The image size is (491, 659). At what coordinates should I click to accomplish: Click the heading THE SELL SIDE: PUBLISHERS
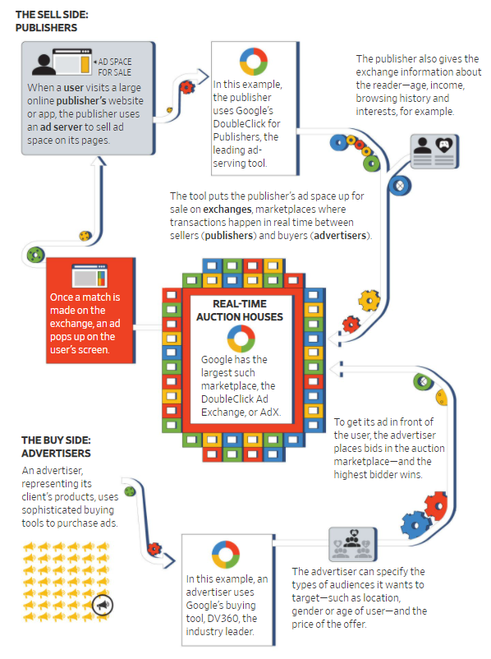coord(52,21)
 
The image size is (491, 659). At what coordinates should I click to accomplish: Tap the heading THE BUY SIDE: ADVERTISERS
coord(57,447)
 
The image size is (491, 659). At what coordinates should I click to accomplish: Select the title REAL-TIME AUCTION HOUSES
coord(240,310)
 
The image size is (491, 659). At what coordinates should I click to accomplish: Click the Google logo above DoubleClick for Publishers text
coord(254,62)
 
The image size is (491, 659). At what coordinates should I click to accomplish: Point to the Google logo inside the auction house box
coord(241,339)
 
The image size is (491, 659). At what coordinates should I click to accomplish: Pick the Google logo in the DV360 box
coord(226,555)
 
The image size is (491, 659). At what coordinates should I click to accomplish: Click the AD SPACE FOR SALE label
coord(114,67)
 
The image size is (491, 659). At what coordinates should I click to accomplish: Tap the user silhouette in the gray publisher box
coord(44,64)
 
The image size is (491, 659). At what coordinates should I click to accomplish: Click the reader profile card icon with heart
coord(434,151)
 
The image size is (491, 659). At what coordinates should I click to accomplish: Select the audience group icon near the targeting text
coord(352,544)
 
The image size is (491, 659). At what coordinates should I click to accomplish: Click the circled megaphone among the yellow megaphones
coord(103,606)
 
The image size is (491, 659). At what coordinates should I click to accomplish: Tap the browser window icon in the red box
coord(89,276)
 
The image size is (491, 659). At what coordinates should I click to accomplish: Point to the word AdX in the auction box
coord(269,412)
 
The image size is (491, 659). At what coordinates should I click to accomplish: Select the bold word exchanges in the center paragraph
coord(227,210)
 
